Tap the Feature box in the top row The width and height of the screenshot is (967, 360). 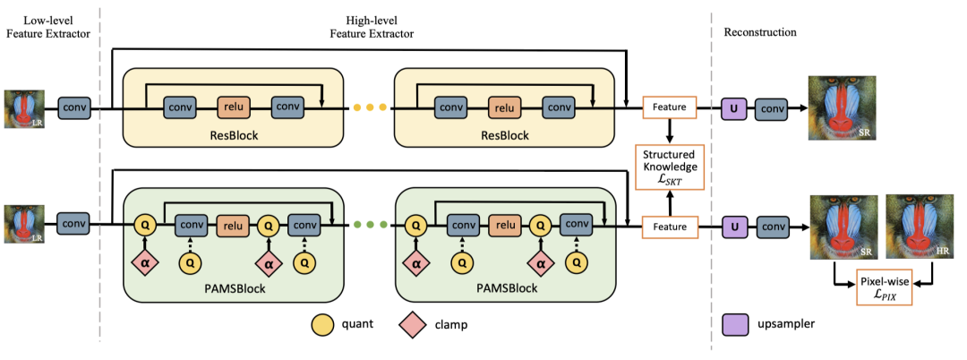click(x=670, y=108)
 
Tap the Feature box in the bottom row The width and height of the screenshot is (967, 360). click(x=670, y=227)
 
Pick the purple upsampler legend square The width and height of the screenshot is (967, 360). click(x=735, y=323)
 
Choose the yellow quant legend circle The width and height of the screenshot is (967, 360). click(x=323, y=324)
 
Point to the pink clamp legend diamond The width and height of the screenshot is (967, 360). click(x=411, y=324)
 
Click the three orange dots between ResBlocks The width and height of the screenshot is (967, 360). click(x=370, y=108)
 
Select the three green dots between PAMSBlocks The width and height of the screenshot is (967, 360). click(x=370, y=227)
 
